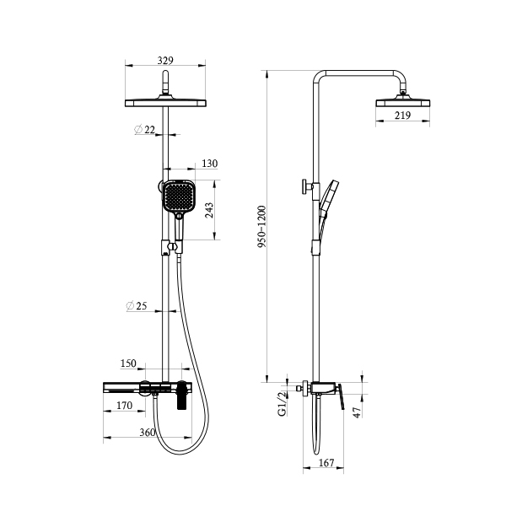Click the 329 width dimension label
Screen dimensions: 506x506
pyautogui.click(x=165, y=61)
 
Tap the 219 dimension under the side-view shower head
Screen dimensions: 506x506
pyautogui.click(x=402, y=116)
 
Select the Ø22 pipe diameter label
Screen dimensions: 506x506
pyautogui.click(x=144, y=129)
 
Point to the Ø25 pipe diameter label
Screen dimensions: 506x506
pyautogui.click(x=136, y=305)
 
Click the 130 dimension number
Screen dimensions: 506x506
pyautogui.click(x=210, y=164)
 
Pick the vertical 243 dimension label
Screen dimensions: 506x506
pyautogui.click(x=209, y=210)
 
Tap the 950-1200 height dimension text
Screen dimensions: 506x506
pyautogui.click(x=261, y=227)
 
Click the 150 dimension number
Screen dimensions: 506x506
pyautogui.click(x=128, y=363)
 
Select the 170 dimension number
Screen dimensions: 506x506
pyautogui.click(x=124, y=406)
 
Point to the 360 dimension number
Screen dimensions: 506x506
pyautogui.click(x=148, y=432)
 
